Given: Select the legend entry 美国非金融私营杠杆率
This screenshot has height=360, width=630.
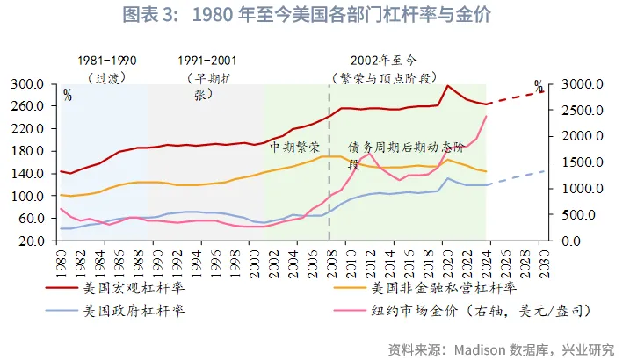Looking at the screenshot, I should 443,286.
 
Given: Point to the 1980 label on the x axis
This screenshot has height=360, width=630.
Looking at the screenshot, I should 61,260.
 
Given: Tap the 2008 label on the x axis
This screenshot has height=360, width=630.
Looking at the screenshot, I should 329,260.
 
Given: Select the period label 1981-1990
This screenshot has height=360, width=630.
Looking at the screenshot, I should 107,61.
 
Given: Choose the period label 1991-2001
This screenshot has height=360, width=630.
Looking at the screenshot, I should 206,61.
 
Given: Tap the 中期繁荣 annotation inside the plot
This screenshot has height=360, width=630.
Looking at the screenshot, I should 294,147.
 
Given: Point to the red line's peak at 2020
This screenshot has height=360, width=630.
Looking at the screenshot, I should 447,86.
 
